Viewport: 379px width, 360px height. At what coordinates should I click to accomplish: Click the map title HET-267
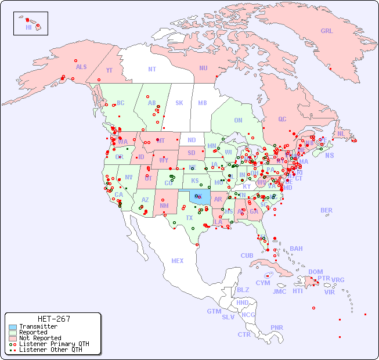tap(53, 319)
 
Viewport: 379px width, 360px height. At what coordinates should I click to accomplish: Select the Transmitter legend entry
tap(38, 327)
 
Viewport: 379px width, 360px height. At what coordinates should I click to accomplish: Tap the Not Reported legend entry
tap(39, 338)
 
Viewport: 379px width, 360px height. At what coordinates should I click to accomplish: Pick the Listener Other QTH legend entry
tap(50, 350)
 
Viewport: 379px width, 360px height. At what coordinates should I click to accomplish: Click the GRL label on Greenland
tap(327, 31)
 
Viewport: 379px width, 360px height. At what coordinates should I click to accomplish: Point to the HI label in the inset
tap(28, 27)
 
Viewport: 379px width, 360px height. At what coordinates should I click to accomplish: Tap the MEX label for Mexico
tap(178, 261)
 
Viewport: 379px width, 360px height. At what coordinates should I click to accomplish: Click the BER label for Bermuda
tap(327, 210)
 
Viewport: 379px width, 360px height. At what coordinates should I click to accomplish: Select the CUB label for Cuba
tap(247, 255)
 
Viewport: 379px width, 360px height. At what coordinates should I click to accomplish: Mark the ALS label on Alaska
tap(81, 67)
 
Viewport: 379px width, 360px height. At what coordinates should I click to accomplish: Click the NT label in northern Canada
tap(152, 69)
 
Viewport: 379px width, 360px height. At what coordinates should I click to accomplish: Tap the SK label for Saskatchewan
tap(179, 103)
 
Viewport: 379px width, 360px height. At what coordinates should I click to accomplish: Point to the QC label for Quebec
tap(282, 119)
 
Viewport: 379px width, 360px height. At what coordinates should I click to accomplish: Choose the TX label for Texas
tap(189, 218)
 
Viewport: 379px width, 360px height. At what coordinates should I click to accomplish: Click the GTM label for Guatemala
tap(214, 311)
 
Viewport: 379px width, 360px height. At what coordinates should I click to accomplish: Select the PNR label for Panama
tap(277, 327)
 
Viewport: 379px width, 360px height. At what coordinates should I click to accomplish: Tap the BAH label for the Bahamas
tap(296, 249)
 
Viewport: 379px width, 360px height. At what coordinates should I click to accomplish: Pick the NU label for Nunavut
tap(203, 68)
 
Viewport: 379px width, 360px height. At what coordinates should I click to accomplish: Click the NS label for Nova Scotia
tap(330, 155)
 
